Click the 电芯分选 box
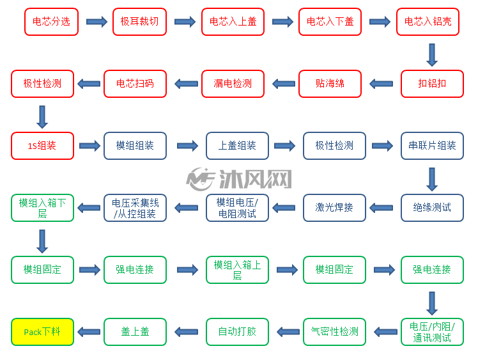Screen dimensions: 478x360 (51, 22)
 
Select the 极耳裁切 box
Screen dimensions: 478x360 (139, 22)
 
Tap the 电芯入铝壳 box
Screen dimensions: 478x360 (428, 22)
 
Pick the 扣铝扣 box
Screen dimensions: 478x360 (432, 84)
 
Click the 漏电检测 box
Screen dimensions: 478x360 (233, 84)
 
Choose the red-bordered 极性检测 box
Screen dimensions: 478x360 (42, 84)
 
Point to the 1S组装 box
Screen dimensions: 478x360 (42, 146)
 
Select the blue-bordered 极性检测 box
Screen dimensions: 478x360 (334, 146)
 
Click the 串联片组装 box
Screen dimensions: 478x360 (432, 146)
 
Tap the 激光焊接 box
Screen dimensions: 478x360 (334, 208)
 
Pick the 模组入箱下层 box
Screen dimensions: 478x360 (42, 208)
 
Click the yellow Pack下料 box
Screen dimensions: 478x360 (42, 332)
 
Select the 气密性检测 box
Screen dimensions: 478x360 (334, 332)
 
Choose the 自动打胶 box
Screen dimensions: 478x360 (237, 332)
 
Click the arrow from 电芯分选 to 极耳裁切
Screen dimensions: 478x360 (96, 22)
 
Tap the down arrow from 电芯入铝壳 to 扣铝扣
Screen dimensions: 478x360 (432, 55)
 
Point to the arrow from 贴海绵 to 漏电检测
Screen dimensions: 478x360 (283, 84)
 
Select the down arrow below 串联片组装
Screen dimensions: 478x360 (432, 179)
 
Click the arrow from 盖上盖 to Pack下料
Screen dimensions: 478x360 (89, 332)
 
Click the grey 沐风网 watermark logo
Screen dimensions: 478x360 (239, 179)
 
